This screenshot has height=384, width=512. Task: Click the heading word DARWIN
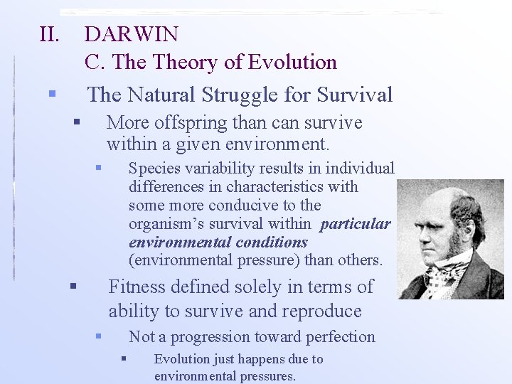[x=132, y=34]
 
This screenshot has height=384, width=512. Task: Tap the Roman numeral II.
[x=50, y=34]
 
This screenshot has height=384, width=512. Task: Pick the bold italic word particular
[x=356, y=224]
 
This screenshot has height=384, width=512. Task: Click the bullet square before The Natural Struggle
[x=51, y=94]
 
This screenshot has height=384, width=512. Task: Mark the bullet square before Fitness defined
[x=73, y=286]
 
